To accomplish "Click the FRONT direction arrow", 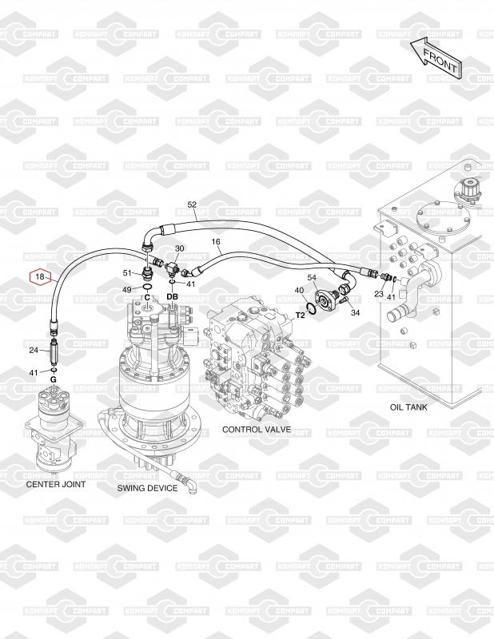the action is (x=436, y=58).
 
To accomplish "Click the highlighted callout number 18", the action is (x=40, y=277).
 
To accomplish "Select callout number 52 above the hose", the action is (x=192, y=204).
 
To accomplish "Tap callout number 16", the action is (x=216, y=242).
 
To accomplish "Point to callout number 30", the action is (x=180, y=248).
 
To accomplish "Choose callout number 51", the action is (x=128, y=272).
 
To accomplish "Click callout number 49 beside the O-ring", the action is (x=127, y=289).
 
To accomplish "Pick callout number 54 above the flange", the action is (x=312, y=277).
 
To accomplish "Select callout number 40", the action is (x=299, y=290).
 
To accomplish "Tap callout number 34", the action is (x=355, y=312).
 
